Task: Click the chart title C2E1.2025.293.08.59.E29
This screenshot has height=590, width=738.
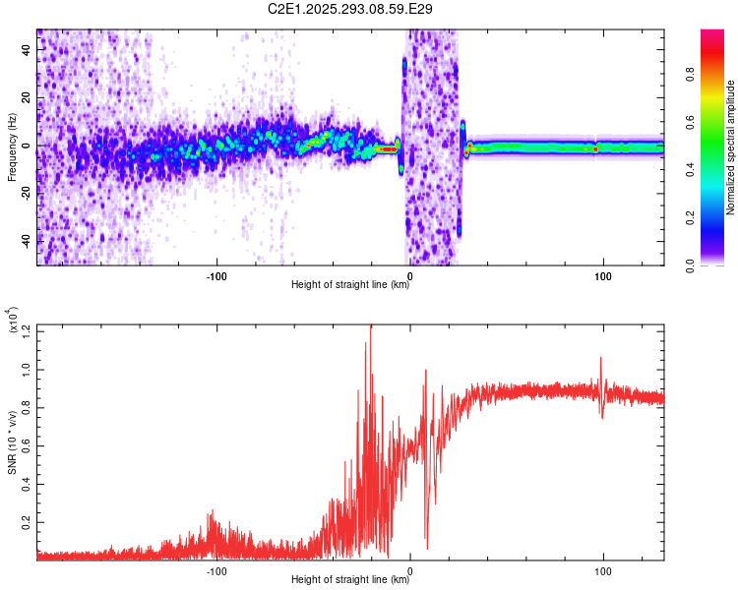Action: [351, 9]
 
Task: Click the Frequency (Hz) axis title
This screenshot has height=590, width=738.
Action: [13, 147]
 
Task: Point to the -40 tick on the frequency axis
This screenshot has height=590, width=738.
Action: [26, 241]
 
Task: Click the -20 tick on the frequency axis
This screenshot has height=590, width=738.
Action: [26, 193]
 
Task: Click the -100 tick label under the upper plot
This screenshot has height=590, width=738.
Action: [216, 275]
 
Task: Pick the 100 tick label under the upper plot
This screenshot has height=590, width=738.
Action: [602, 275]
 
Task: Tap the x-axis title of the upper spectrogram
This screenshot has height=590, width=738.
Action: [350, 286]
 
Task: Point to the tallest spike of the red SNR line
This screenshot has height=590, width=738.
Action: [371, 326]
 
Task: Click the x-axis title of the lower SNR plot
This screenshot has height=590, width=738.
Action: [350, 580]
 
